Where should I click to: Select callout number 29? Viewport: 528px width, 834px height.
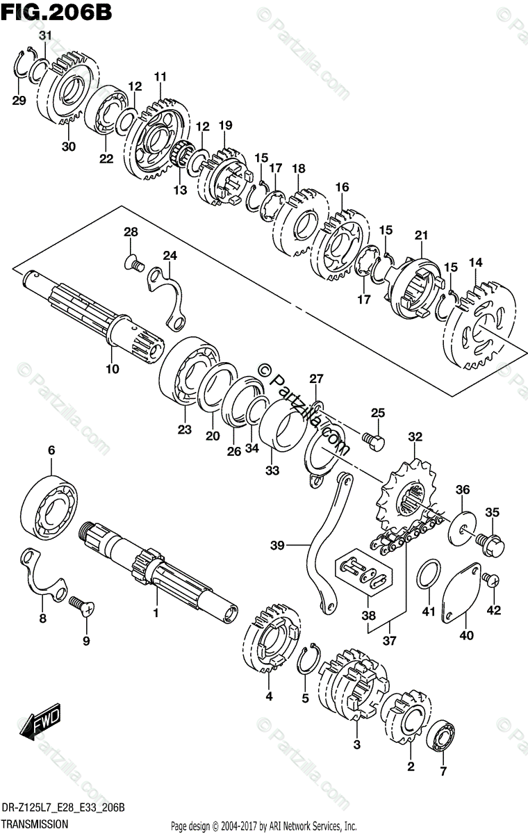tap(19, 101)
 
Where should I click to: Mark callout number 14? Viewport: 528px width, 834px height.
tap(475, 262)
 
